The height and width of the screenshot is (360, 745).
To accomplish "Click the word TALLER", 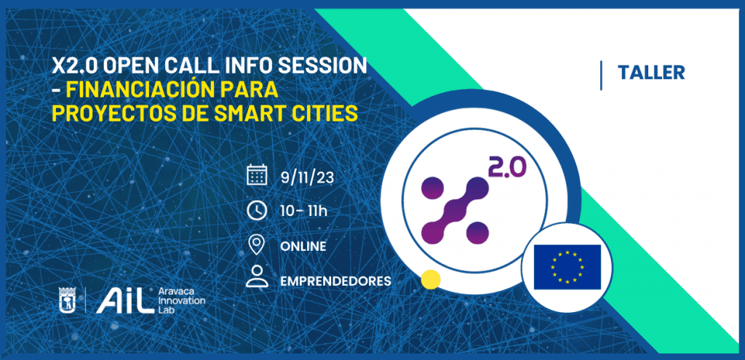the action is tap(651, 72).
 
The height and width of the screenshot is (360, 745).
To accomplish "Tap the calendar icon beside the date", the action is tap(257, 177).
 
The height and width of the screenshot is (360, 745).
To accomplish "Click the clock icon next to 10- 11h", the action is tap(257, 210).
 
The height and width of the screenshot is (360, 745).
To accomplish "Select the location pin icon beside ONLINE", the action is tap(257, 244).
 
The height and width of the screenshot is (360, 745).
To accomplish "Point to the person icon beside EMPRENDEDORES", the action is tap(257, 277).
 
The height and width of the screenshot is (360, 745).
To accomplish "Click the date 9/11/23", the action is tap(307, 178).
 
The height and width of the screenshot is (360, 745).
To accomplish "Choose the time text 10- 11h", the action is tap(304, 211).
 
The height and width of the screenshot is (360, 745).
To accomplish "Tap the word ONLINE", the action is tap(303, 247).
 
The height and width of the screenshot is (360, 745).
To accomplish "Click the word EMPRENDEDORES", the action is tap(336, 281).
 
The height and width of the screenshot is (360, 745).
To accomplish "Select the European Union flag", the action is tap(567, 267).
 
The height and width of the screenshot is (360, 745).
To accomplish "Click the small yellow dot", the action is tap(431, 279).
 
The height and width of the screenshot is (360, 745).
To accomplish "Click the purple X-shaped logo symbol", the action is tap(455, 209).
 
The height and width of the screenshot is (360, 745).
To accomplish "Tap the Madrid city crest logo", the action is tap(66, 300).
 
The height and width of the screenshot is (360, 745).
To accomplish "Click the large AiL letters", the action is tap(125, 301).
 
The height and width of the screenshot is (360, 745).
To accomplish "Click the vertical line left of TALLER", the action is tap(601, 76).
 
